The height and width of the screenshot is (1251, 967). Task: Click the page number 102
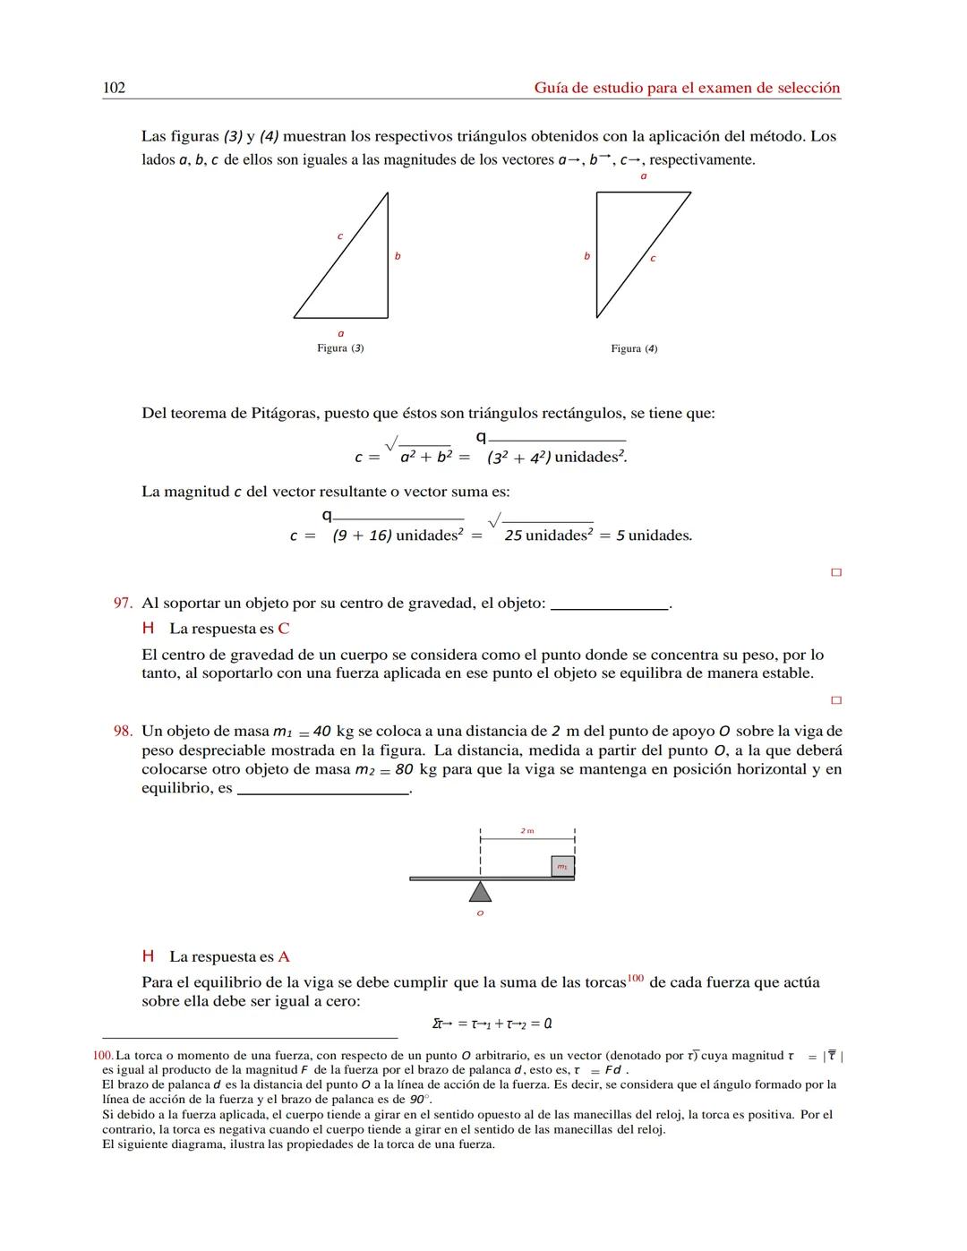pyautogui.click(x=114, y=87)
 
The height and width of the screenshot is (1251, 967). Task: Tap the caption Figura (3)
pyautogui.click(x=340, y=347)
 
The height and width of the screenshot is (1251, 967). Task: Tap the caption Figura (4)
pyautogui.click(x=634, y=348)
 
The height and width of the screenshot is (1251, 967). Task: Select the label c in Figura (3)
pyautogui.click(x=339, y=236)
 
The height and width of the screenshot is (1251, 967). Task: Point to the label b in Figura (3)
pyautogui.click(x=398, y=256)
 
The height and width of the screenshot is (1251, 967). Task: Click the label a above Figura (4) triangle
pyautogui.click(x=643, y=176)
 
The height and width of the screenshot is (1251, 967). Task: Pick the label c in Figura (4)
pyautogui.click(x=653, y=258)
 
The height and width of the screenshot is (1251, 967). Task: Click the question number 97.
pyautogui.click(x=123, y=603)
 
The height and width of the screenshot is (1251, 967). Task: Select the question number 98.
pyautogui.click(x=123, y=731)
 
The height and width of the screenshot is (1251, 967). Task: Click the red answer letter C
pyautogui.click(x=283, y=629)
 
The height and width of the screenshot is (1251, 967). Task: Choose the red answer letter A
pyautogui.click(x=284, y=956)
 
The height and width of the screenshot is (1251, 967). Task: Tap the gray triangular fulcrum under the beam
pyautogui.click(x=481, y=892)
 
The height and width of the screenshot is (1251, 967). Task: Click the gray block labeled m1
pyautogui.click(x=562, y=866)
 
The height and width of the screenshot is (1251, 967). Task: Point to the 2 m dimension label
pyautogui.click(x=527, y=831)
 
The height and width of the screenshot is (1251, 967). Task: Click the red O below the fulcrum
pyautogui.click(x=480, y=913)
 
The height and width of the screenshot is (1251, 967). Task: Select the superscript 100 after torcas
pyautogui.click(x=635, y=979)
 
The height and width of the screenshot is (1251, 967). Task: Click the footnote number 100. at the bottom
pyautogui.click(x=103, y=1056)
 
